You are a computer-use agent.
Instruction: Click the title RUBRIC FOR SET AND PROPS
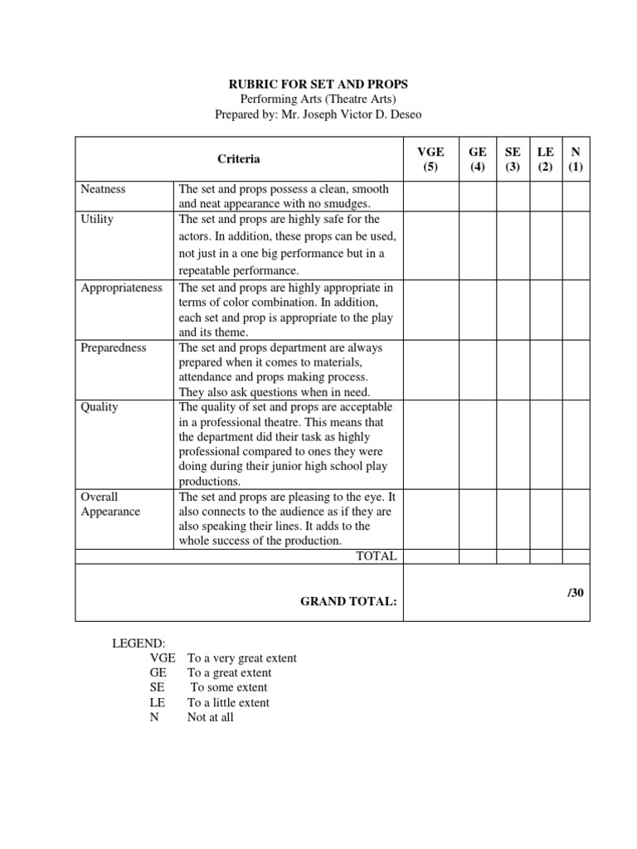[x=318, y=84]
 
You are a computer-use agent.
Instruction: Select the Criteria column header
[x=239, y=158]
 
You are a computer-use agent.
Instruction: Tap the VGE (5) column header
[x=430, y=159]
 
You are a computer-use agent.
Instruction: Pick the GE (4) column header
[x=478, y=159]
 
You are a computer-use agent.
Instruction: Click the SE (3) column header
[x=513, y=159]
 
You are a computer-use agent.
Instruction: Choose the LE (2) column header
[x=545, y=159]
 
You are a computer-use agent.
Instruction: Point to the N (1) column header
[x=576, y=159]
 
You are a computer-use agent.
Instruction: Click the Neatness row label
[x=104, y=189]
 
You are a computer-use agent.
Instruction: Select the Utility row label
[x=98, y=220]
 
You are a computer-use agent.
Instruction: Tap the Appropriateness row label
[x=122, y=288]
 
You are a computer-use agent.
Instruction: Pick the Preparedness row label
[x=114, y=347]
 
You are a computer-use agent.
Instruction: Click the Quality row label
[x=100, y=407]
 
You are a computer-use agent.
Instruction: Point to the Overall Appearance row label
[x=110, y=504]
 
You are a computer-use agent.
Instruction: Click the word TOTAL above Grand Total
[x=377, y=556]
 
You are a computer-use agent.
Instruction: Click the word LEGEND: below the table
[x=139, y=643]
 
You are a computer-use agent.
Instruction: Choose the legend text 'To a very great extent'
[x=242, y=658]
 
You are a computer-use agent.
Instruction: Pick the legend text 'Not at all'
[x=211, y=717]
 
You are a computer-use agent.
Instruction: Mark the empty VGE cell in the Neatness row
[x=430, y=196]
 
